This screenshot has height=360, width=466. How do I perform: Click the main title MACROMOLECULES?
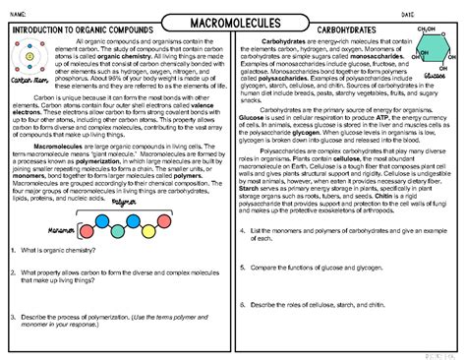point(232,23)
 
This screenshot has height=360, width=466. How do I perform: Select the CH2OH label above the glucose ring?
point(426,30)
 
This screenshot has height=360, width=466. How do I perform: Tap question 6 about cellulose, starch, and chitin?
point(324,332)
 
